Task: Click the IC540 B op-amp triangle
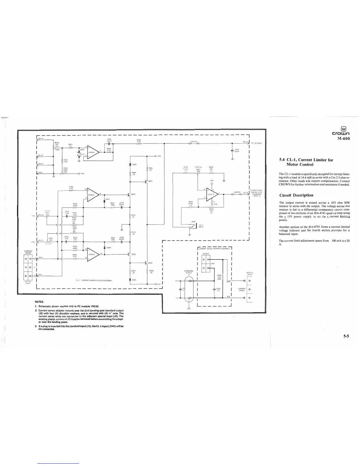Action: [x=92, y=152]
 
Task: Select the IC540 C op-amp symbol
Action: [x=92, y=195]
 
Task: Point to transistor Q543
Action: [x=146, y=262]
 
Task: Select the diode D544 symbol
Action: [x=130, y=164]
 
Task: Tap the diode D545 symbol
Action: [x=130, y=280]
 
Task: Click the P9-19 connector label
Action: [x=41, y=138]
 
